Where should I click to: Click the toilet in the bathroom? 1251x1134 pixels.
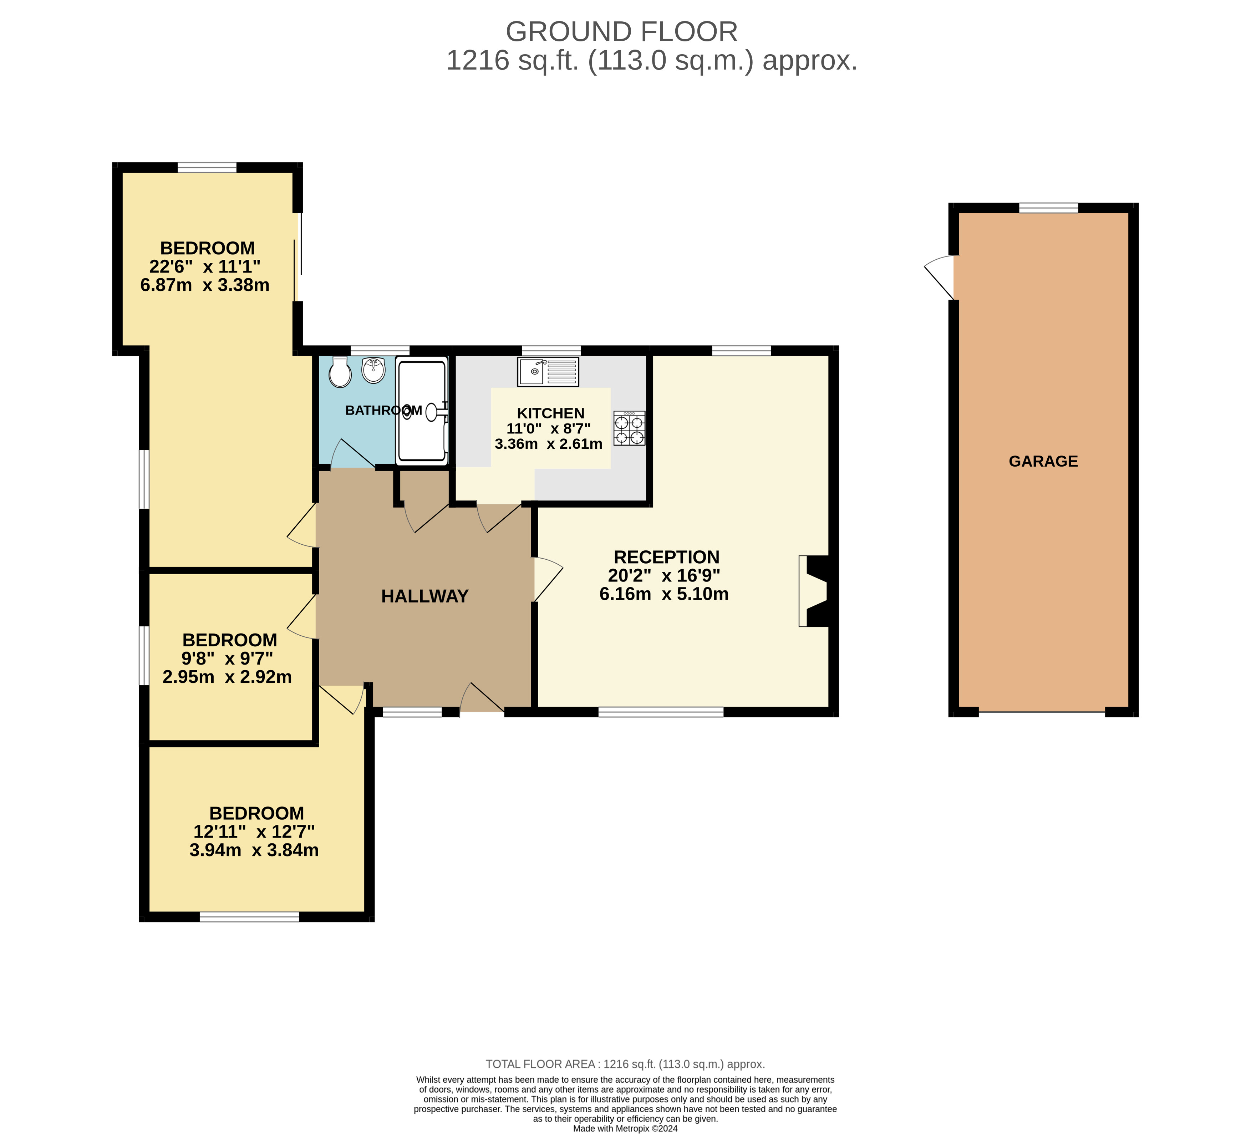click(340, 372)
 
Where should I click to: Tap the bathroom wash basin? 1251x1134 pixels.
click(373, 371)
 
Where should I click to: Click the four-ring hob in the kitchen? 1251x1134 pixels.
click(629, 428)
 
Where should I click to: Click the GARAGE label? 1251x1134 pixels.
click(1043, 461)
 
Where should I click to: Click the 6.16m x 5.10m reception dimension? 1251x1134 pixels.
click(663, 594)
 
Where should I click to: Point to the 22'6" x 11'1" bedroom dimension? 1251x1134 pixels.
click(205, 266)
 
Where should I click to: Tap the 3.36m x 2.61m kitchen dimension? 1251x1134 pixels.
click(549, 444)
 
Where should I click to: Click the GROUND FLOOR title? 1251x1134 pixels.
click(621, 32)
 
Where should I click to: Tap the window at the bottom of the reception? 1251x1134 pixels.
click(661, 712)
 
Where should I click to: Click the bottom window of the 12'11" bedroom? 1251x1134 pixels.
click(249, 917)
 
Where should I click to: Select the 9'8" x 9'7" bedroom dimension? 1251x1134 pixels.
click(227, 658)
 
